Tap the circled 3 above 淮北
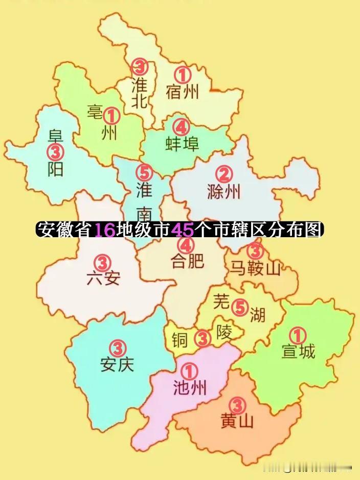tap(140, 66)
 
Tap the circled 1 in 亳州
tap(111, 116)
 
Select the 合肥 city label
tap(187, 261)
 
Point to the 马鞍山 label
tap(254, 268)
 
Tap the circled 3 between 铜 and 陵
tap(203, 338)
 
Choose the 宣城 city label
tap(298, 352)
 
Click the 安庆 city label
tap(117, 365)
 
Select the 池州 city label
tap(190, 388)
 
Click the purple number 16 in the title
tap(105, 230)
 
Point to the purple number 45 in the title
tap(183, 230)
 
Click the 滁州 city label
tap(224, 192)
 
